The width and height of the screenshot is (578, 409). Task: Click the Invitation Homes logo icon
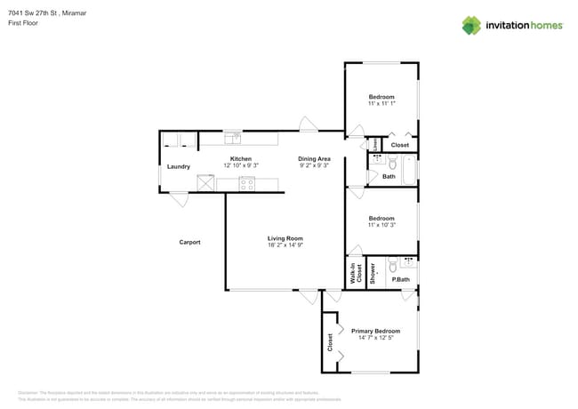[x=471, y=25]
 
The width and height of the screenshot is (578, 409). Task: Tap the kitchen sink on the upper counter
[x=234, y=138]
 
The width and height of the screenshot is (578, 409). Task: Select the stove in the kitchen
[x=246, y=184]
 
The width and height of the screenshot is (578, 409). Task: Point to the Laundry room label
[x=178, y=166]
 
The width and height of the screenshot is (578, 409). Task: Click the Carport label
[x=189, y=242]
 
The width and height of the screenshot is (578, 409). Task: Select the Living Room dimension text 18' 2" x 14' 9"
[x=285, y=245]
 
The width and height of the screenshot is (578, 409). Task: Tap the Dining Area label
[x=313, y=158]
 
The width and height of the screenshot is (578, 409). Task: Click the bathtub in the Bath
[x=409, y=169]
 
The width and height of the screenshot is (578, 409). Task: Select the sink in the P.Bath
[x=408, y=261]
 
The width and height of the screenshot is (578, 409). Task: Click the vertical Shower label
[x=373, y=274]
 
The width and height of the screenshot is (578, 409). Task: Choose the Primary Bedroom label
[x=374, y=331]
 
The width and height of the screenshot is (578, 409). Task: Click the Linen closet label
[x=375, y=144]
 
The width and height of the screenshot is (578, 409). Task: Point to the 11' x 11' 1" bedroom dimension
[x=381, y=104]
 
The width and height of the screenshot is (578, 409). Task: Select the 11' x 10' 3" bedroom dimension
[x=381, y=225]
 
